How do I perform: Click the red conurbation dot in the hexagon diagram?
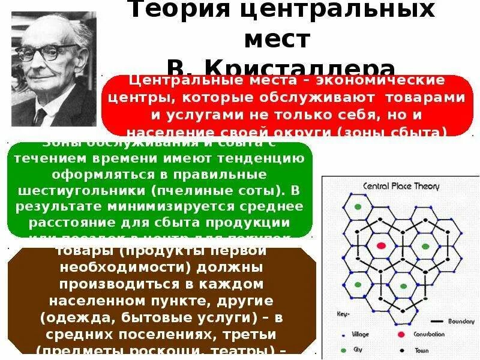pyautogui.click(x=380, y=245)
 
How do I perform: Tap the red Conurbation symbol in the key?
pyautogui.click(x=400, y=334)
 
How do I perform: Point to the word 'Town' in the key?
pyautogui.click(x=423, y=349)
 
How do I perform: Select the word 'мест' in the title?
pyautogui.click(x=277, y=40)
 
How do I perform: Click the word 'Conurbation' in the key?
pyautogui.click(x=429, y=334)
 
